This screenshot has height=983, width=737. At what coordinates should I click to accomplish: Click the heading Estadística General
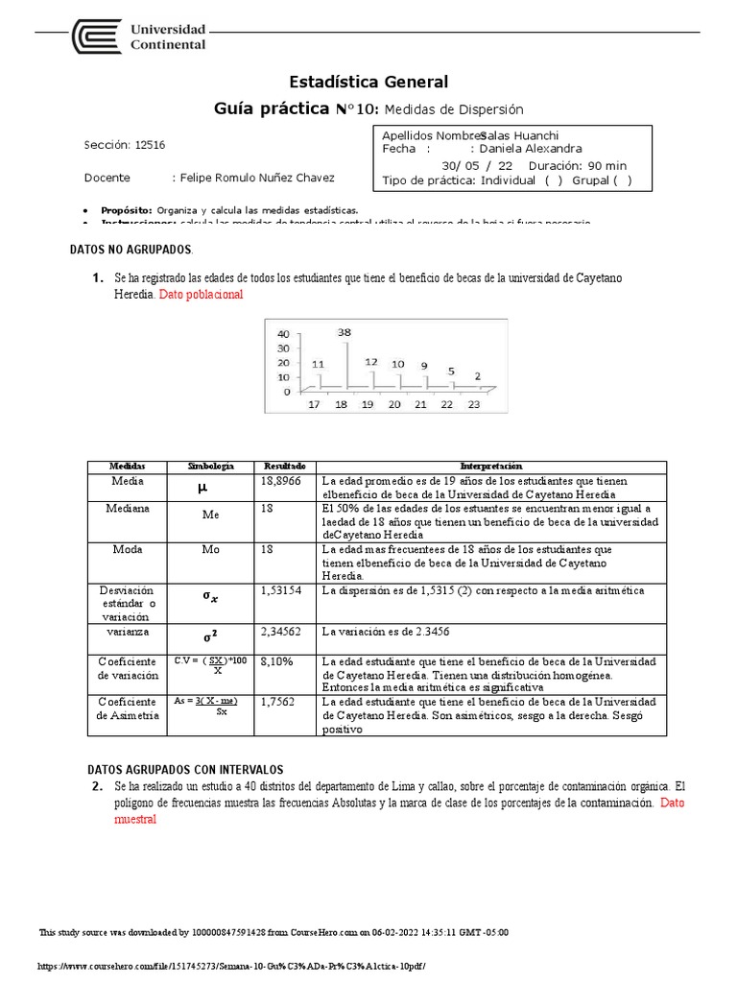coord(368,82)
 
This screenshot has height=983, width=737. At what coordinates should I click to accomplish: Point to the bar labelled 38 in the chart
coord(347,365)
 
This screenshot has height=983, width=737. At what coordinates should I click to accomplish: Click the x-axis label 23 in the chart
coord(473,405)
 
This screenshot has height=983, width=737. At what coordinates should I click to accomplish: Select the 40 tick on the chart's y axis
coord(282,334)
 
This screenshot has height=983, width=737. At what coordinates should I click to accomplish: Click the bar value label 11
coord(318,364)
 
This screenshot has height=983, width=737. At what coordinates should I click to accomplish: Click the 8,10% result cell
coord(277,661)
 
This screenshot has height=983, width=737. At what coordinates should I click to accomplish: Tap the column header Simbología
coord(210,465)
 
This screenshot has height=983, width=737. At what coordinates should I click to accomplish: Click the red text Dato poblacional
coord(201,295)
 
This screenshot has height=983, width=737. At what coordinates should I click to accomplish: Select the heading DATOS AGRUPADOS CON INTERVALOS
coord(185,769)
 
